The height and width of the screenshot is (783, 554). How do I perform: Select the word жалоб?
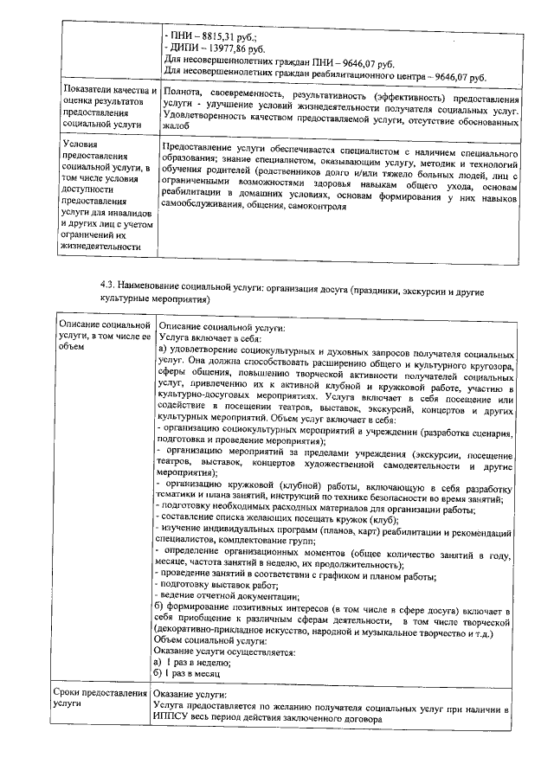(x=176, y=127)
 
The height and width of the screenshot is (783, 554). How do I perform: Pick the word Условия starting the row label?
(x=82, y=143)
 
